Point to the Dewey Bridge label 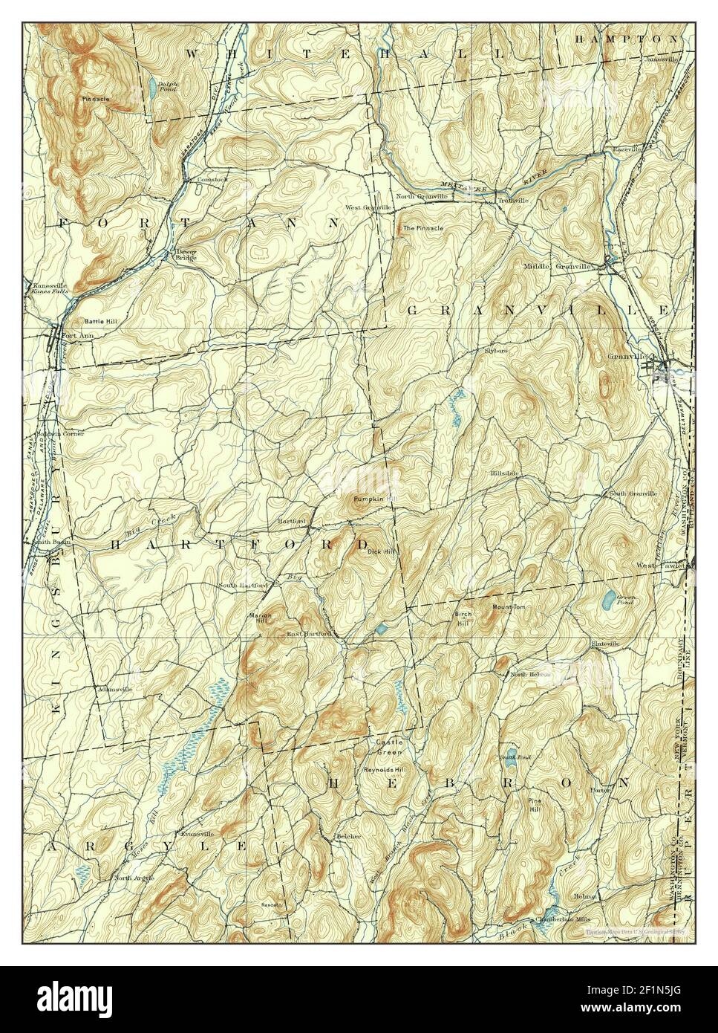click(x=186, y=254)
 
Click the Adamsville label click(x=115, y=689)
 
